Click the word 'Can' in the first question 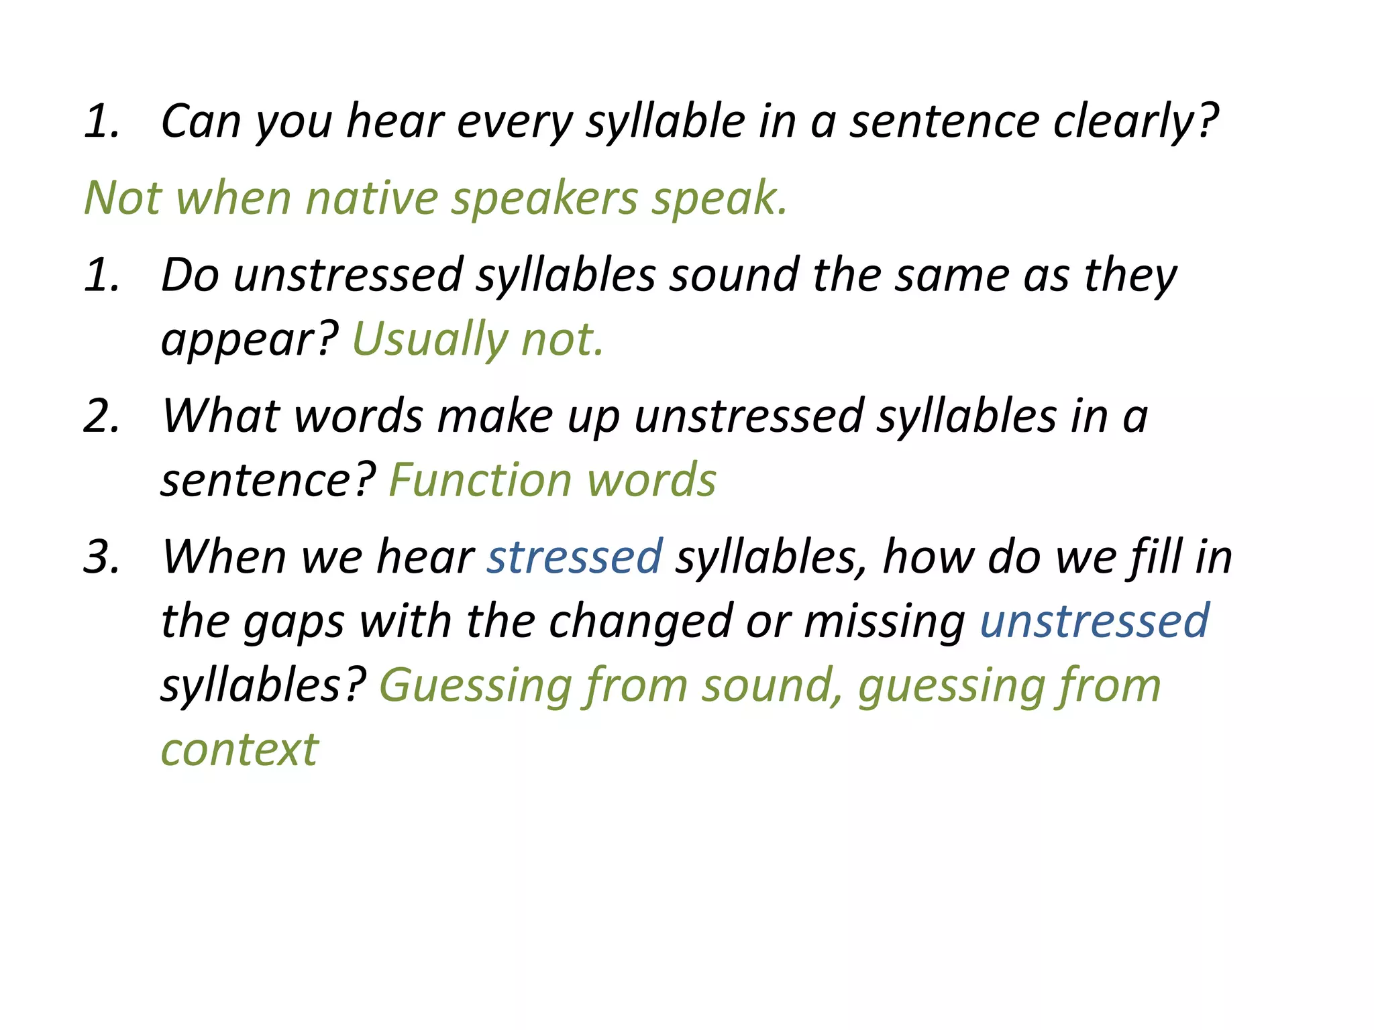click(201, 122)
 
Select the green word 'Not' click(123, 198)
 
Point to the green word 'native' click(372, 198)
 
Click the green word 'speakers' click(544, 198)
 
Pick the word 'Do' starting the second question click(191, 276)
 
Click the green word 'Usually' click(429, 339)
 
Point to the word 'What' click(221, 416)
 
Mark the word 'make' click(495, 416)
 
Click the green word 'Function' click(480, 480)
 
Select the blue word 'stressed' click(575, 557)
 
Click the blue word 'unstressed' click(1094, 621)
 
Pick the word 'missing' click(884, 621)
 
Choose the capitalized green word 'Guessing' click(475, 686)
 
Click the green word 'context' click(240, 750)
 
